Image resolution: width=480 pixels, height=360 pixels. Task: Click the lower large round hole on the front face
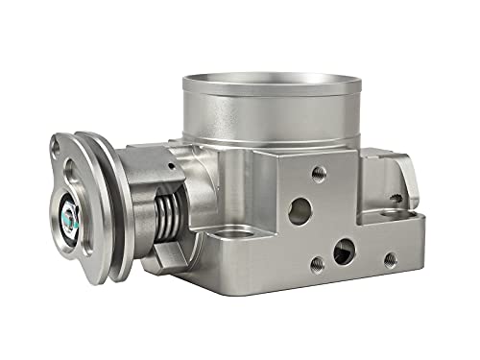[341, 252]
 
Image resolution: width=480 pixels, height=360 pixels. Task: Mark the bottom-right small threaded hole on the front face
[391, 257]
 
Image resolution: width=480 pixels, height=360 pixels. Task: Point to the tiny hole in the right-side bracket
[393, 198]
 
